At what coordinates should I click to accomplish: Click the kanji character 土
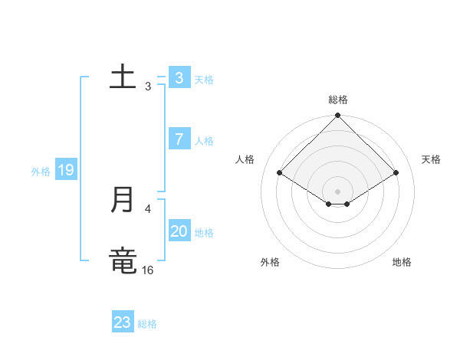[x=123, y=77]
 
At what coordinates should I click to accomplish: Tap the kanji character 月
[x=123, y=200]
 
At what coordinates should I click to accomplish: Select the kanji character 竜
[x=123, y=261]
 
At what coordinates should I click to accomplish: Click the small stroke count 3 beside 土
[x=148, y=87]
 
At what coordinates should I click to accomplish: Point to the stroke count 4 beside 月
[x=148, y=208]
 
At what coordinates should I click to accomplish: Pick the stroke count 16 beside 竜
[x=148, y=270]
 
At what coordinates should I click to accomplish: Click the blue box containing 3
[x=179, y=77]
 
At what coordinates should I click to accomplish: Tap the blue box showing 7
[x=179, y=139]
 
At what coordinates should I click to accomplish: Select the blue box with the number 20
[x=179, y=231]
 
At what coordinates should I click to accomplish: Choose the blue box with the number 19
[x=65, y=170]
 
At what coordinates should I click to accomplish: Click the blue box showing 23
[x=123, y=322]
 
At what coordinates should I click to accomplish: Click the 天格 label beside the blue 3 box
[x=204, y=79]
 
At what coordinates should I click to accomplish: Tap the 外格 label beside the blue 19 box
[x=41, y=172]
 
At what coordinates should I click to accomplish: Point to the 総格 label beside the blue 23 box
[x=147, y=324]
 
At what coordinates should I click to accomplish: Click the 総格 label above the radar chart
[x=338, y=100]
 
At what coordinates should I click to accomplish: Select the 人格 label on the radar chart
[x=245, y=159]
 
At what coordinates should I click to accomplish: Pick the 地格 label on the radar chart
[x=402, y=262]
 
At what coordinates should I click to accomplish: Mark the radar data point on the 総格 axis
[x=338, y=116]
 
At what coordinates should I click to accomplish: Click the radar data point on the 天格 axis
[x=396, y=173]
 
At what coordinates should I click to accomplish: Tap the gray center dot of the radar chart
[x=338, y=191]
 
